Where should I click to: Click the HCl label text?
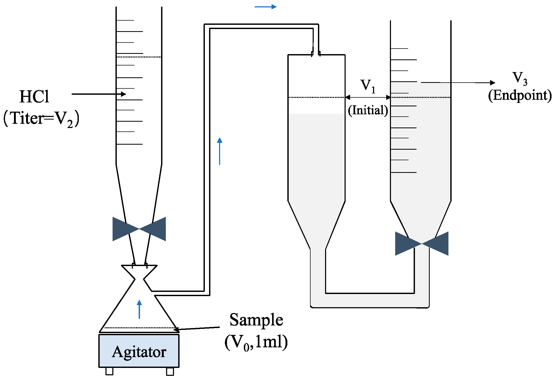[x=34, y=97]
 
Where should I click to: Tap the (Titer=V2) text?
[x=41, y=118]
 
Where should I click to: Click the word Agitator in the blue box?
[x=139, y=352]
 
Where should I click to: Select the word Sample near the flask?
[x=256, y=320]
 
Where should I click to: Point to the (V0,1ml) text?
[x=256, y=342]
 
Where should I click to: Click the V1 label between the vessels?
[x=368, y=86]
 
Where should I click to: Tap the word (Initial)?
[x=368, y=110]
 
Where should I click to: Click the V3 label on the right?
[x=520, y=78]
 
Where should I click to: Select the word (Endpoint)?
[x=520, y=95]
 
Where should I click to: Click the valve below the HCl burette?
[x=139, y=229]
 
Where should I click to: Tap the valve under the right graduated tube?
[x=422, y=243]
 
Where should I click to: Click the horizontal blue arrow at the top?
[x=265, y=7]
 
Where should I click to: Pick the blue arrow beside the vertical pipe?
[x=220, y=151]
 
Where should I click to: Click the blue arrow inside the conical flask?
[x=139, y=309]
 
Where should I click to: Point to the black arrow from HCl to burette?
[x=99, y=94]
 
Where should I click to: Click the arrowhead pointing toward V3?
[x=492, y=83]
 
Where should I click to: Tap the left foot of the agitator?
[x=109, y=371]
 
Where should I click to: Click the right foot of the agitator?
[x=170, y=371]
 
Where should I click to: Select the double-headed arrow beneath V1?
[x=368, y=97]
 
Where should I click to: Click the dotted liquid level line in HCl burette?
[x=139, y=57]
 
